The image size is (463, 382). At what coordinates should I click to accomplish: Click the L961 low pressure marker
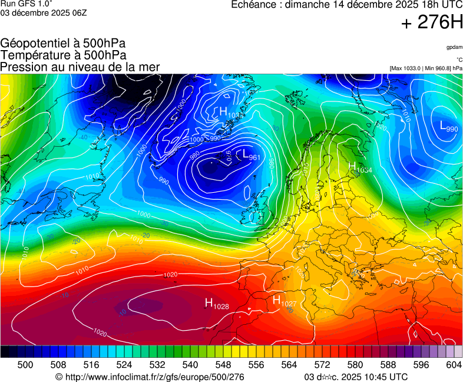(x=251, y=155)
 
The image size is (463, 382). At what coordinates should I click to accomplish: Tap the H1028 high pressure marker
(x=216, y=304)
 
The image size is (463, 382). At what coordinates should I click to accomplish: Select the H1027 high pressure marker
(x=284, y=301)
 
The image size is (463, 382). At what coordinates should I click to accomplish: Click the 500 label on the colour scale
(x=25, y=365)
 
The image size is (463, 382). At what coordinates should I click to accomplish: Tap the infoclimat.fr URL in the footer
(x=150, y=377)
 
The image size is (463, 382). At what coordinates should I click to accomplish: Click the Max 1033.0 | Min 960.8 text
(x=426, y=68)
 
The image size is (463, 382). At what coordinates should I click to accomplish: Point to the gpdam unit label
(x=454, y=47)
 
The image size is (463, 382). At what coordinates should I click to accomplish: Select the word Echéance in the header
(x=253, y=5)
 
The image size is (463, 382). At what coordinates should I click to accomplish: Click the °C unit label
(x=458, y=60)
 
